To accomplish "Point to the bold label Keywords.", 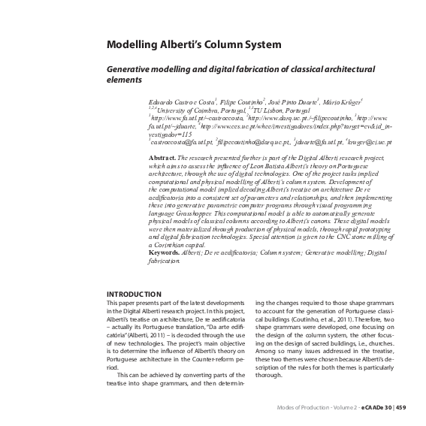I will coord(165,252).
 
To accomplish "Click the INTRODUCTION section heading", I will coord(134,294).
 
